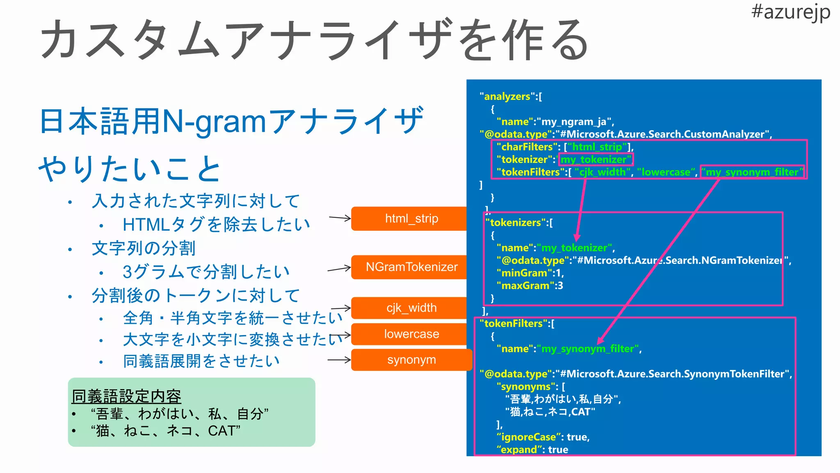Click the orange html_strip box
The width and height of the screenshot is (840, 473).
pyautogui.click(x=411, y=218)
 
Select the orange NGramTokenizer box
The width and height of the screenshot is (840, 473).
pyautogui.click(x=411, y=267)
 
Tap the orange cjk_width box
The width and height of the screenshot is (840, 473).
pyautogui.click(x=411, y=308)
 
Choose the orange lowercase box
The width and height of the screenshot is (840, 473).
pyautogui.click(x=411, y=334)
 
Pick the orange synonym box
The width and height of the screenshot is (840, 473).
pyautogui.click(x=411, y=360)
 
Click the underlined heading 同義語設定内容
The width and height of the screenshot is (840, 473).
pyautogui.click(x=126, y=396)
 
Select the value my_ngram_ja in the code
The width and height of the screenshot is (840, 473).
pyautogui.click(x=574, y=122)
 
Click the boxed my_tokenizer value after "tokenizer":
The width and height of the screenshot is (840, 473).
pyautogui.click(x=596, y=159)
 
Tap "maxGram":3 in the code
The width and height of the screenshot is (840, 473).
pyautogui.click(x=530, y=286)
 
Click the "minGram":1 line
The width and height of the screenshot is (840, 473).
pyautogui.click(x=530, y=273)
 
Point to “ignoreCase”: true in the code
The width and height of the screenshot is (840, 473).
pyautogui.click(x=543, y=437)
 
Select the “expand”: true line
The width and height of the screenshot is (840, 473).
pyautogui.click(x=532, y=450)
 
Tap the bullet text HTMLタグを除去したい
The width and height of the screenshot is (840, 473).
pyautogui.click(x=216, y=225)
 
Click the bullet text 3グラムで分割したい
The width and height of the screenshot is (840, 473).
pyautogui.click(x=206, y=272)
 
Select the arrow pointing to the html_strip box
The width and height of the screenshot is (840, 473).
pyautogui.click(x=340, y=218)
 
